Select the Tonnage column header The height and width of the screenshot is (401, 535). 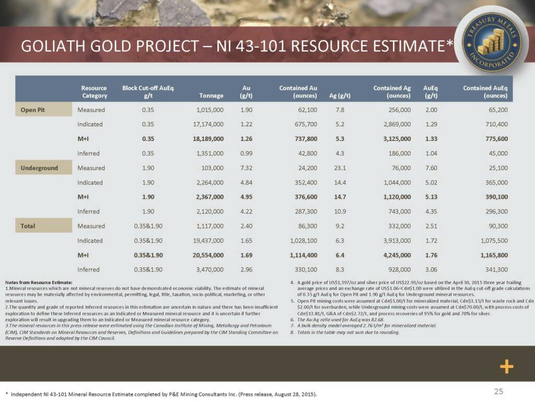(x=211, y=96)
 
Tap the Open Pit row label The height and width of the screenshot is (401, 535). (x=32, y=110)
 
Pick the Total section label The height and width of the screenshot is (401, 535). (x=28, y=226)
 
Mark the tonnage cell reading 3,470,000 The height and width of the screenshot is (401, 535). (x=206, y=270)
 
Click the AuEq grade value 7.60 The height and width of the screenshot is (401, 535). (x=431, y=168)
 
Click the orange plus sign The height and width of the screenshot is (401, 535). (x=506, y=367)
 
